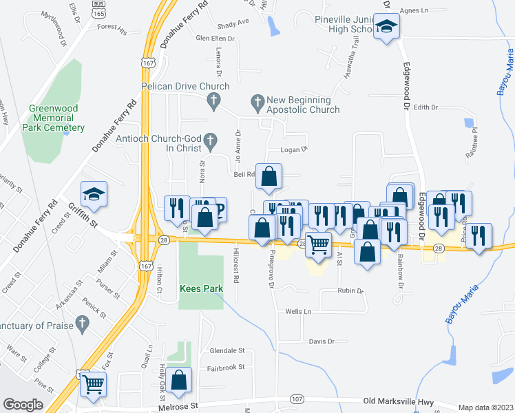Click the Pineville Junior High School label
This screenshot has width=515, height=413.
coord(344,25)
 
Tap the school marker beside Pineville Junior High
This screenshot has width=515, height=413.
coord(387,28)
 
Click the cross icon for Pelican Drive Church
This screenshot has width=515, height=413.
coord(213,102)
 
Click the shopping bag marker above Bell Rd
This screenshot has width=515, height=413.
coord(269,176)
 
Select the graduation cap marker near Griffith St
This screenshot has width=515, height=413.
coord(94,193)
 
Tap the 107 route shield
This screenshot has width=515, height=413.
coord(297,399)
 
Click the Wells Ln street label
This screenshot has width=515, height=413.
coord(298,312)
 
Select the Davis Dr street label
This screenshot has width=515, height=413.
coord(322,341)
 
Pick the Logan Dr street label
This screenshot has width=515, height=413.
coord(293,149)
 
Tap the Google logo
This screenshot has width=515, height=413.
coord(23,405)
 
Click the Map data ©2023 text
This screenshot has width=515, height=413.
coord(485,407)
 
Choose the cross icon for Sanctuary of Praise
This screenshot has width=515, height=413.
coord(82,322)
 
